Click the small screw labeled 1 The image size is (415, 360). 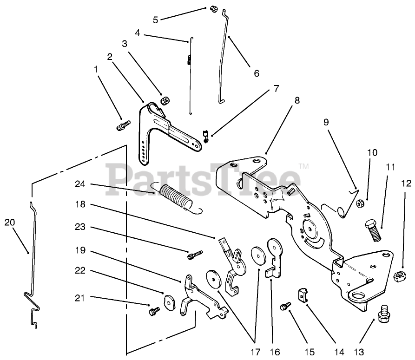(x=123, y=125)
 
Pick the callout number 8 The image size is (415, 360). (x=297, y=99)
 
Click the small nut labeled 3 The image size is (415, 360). (x=164, y=100)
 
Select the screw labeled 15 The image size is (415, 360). (x=284, y=306)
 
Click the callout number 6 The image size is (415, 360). (x=256, y=73)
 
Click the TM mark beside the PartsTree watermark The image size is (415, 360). (x=303, y=165)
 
